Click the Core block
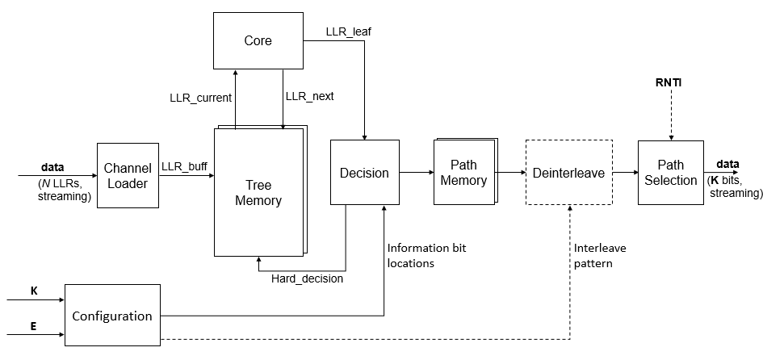click(x=258, y=40)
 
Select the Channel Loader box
click(x=126, y=175)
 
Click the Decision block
click(x=364, y=174)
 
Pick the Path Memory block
click(x=463, y=173)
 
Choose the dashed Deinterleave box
click(x=568, y=174)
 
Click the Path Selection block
click(x=670, y=173)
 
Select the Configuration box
click(x=113, y=316)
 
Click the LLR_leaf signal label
click(x=348, y=31)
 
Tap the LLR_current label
click(x=200, y=97)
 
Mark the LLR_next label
click(x=309, y=96)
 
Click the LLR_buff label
click(x=185, y=166)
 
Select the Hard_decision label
click(x=307, y=279)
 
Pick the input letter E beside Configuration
click(x=34, y=329)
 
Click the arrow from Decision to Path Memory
click(x=417, y=173)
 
